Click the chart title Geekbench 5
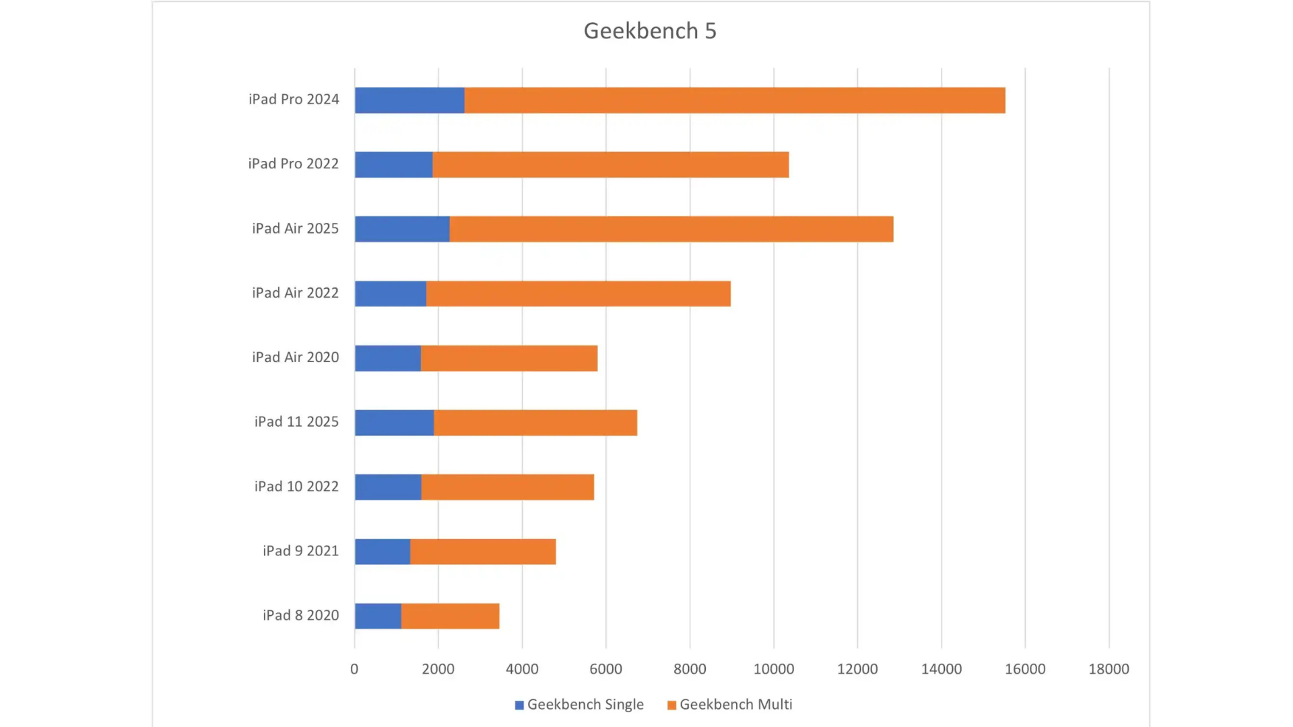[x=650, y=31]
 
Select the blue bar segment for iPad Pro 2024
[x=409, y=100]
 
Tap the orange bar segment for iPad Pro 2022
[x=610, y=165]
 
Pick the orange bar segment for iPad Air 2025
[x=671, y=229]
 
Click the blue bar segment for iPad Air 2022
[x=391, y=293]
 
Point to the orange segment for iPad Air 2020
[x=508, y=358]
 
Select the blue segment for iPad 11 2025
[x=394, y=423]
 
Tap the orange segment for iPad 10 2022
[x=507, y=487]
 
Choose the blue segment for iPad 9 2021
[x=383, y=551]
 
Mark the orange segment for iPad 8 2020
[x=450, y=616]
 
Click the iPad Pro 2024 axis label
[x=294, y=100]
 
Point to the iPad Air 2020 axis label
[x=295, y=357]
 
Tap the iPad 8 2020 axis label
[x=300, y=615]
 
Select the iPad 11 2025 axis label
[x=296, y=422]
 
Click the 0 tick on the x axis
[x=354, y=669]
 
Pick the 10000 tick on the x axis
[x=774, y=669]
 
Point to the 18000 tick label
[x=1108, y=669]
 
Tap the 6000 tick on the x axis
[x=605, y=669]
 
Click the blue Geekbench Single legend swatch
[x=519, y=705]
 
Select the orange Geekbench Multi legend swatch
[x=671, y=705]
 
